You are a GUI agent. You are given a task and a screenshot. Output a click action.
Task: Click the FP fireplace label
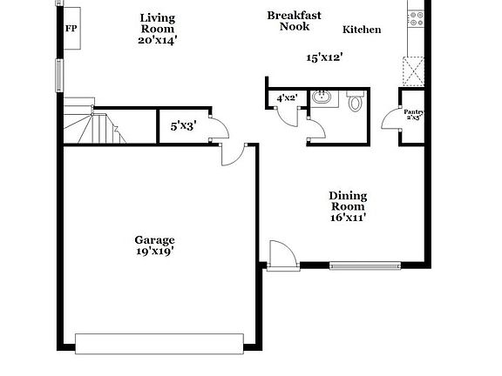(x=71, y=28)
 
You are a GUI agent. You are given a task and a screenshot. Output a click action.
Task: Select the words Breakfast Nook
(x=295, y=21)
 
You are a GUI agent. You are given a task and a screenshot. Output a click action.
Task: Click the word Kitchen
(x=361, y=30)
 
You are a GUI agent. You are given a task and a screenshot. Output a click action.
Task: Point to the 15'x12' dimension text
(x=323, y=57)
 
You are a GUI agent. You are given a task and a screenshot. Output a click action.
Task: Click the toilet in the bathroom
(x=355, y=103)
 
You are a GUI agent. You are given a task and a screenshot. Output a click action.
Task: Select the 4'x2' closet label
(x=288, y=98)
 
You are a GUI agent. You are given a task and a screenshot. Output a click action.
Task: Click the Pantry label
(x=414, y=114)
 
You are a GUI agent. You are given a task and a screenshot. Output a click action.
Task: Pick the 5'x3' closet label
(x=183, y=126)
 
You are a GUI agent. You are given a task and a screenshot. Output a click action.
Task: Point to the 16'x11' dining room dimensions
(x=347, y=218)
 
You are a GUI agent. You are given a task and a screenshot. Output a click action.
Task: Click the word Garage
(x=154, y=239)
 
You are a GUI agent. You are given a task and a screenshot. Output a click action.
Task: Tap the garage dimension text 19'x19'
(x=154, y=252)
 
